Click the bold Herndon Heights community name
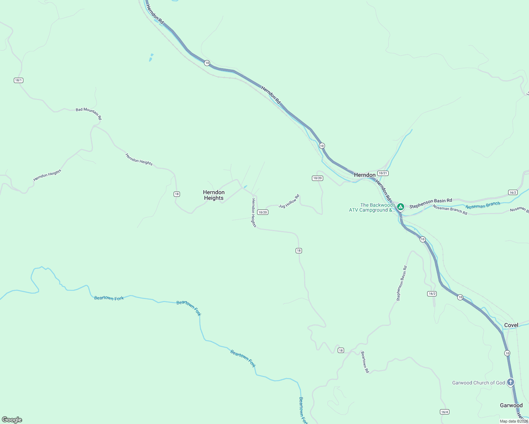(x=214, y=195)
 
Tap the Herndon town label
(x=365, y=175)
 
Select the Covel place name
(x=511, y=325)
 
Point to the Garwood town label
(x=511, y=405)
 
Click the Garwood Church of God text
(x=478, y=383)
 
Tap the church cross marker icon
(x=510, y=382)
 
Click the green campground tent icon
(x=400, y=207)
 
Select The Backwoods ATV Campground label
(x=372, y=207)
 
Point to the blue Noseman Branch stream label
(x=483, y=205)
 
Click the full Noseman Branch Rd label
(x=450, y=210)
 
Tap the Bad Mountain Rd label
(x=89, y=113)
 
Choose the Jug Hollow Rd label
(x=289, y=201)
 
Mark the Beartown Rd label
(x=365, y=362)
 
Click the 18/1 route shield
(x=18, y=80)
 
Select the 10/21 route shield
(x=383, y=173)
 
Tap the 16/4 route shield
(x=444, y=412)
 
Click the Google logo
(x=12, y=420)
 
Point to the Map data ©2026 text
(x=514, y=421)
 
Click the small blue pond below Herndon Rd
(x=151, y=58)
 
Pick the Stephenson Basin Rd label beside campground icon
(x=430, y=203)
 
